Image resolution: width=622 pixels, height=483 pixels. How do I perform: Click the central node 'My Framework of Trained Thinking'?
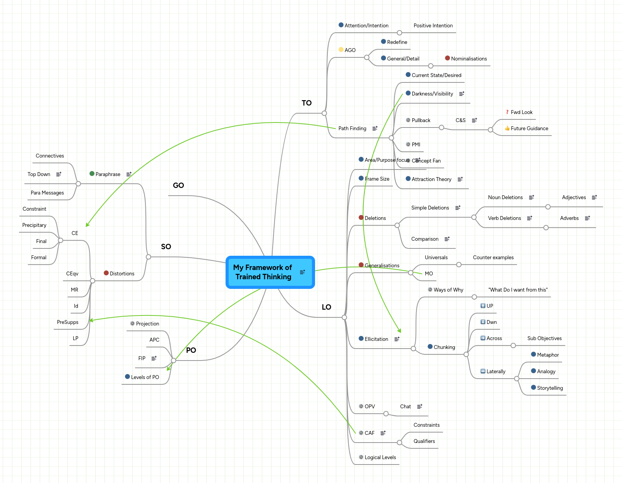(263, 272)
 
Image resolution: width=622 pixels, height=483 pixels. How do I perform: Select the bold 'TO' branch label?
(307, 103)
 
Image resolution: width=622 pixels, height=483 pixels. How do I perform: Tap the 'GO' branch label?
(178, 185)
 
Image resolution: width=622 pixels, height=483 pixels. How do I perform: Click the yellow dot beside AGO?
(341, 50)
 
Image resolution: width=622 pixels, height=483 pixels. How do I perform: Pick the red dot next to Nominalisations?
(447, 58)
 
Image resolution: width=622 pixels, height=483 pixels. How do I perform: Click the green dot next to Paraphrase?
(92, 174)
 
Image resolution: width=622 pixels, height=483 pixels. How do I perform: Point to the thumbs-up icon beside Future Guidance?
(507, 128)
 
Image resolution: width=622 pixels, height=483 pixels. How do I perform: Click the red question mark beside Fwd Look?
(507, 112)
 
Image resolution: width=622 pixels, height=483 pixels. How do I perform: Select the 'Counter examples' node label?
(493, 257)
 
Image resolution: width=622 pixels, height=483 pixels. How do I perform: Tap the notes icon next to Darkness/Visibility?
(462, 94)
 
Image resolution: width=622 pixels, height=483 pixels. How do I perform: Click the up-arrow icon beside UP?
(483, 306)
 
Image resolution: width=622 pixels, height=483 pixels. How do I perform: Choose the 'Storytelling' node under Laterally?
(550, 388)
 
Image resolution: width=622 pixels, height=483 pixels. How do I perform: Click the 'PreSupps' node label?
(67, 322)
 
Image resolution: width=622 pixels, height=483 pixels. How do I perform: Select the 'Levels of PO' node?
(145, 377)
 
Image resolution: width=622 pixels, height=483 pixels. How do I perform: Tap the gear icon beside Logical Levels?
(361, 457)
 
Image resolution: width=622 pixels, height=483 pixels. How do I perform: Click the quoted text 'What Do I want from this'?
(518, 290)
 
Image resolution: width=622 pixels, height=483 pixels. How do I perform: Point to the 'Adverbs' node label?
(569, 218)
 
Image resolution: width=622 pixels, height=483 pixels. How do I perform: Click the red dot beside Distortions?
(106, 273)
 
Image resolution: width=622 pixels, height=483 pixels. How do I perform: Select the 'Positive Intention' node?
(433, 25)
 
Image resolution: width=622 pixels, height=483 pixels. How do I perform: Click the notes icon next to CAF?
(383, 433)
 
